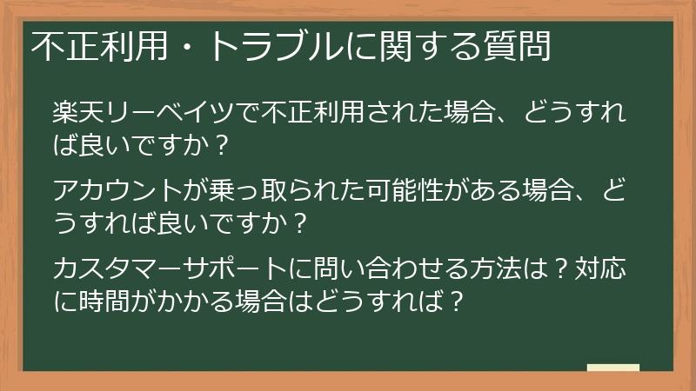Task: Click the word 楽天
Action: point(79,113)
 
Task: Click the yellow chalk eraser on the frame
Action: point(612,368)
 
